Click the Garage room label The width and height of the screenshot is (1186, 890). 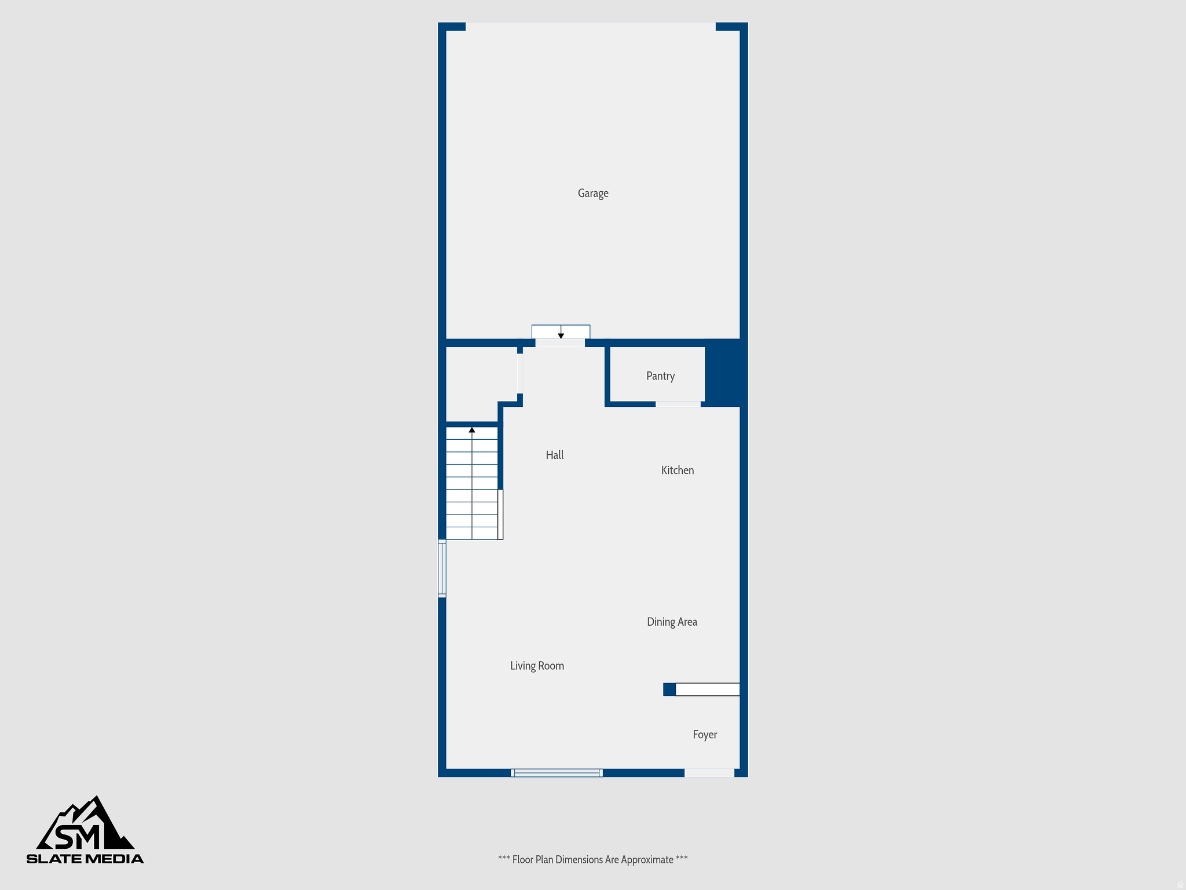pos(593,194)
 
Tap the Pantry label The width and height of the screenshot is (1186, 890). pos(660,376)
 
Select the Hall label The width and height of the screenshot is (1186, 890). pos(554,455)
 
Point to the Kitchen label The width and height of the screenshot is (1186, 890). pos(678,470)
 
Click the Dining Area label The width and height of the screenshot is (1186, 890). pos(672,622)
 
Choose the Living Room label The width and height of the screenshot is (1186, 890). pos(537,666)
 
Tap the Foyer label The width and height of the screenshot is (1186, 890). pos(705,735)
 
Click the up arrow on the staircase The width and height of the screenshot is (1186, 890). pos(472,430)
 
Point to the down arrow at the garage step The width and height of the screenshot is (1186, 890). pos(561,335)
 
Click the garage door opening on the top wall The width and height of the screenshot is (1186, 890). pos(591,27)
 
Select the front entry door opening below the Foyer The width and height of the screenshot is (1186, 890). pos(709,773)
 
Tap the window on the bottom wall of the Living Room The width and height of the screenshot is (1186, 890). pos(557,773)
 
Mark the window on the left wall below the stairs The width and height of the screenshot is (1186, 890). pos(442,568)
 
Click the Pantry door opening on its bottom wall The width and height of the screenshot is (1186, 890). pos(678,404)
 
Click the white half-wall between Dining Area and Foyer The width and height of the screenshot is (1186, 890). pos(707,690)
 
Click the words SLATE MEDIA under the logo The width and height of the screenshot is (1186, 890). pos(85,859)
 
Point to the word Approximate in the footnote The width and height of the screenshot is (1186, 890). pos(647,860)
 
